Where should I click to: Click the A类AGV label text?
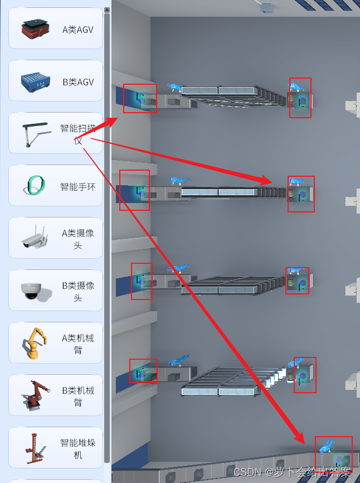[78, 30]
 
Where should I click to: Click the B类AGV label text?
[78, 82]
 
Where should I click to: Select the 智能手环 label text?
[78, 187]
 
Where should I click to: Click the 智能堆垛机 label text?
[78, 449]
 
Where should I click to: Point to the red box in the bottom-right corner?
[334, 454]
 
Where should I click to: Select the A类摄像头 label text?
[78, 239]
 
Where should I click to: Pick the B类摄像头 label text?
[78, 292]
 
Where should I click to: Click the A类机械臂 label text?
[78, 344]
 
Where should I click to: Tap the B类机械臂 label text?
[78, 397]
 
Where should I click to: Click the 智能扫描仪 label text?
[78, 134]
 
